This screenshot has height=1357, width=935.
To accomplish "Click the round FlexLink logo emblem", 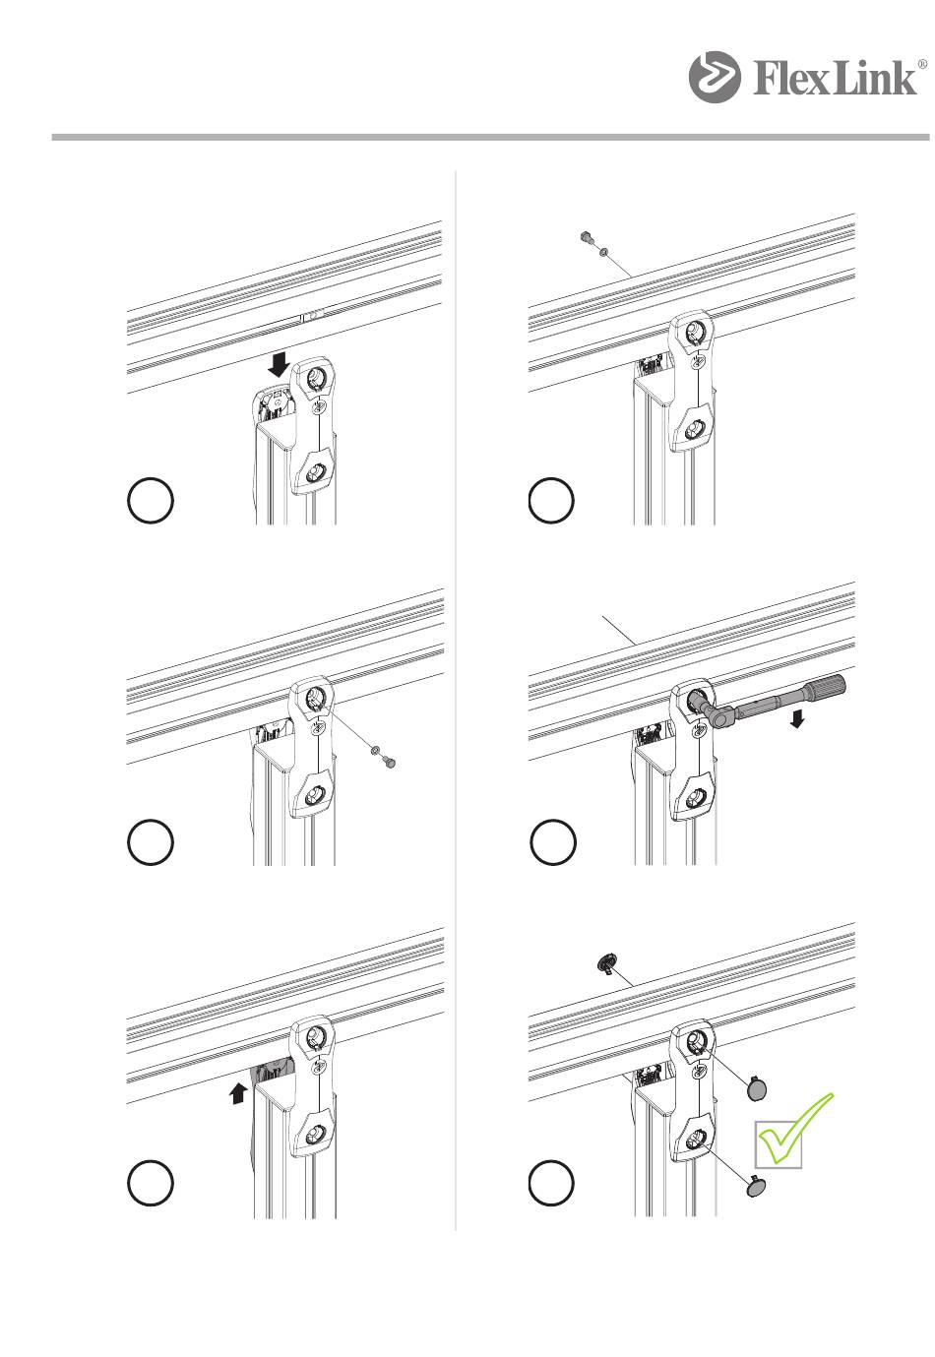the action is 714,77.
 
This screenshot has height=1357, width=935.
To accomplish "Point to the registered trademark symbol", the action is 921,64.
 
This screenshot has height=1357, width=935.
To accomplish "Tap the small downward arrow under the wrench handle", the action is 797,719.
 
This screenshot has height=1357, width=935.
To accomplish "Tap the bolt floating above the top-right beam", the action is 587,237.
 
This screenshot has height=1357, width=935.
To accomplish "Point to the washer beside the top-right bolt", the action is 603,251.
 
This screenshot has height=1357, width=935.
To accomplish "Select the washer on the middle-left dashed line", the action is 376,750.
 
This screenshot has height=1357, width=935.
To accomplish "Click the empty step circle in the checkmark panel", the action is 551,1183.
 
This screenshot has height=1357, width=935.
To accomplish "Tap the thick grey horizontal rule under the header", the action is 490,138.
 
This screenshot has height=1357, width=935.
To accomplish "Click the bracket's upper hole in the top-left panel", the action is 315,379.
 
